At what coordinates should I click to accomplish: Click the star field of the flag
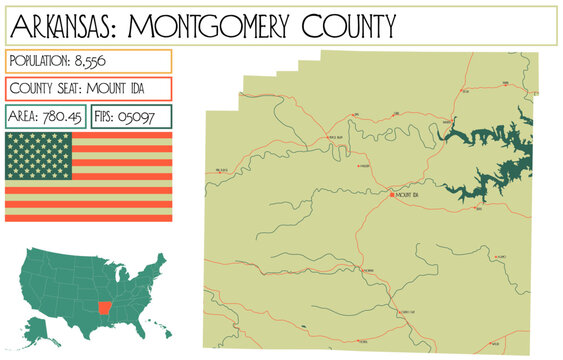[39, 155]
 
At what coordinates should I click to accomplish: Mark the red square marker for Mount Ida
[392, 194]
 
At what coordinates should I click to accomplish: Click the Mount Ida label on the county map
[407, 195]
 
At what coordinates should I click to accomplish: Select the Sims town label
[397, 114]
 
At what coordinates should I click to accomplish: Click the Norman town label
[366, 270]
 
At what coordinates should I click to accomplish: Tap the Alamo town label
[501, 258]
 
